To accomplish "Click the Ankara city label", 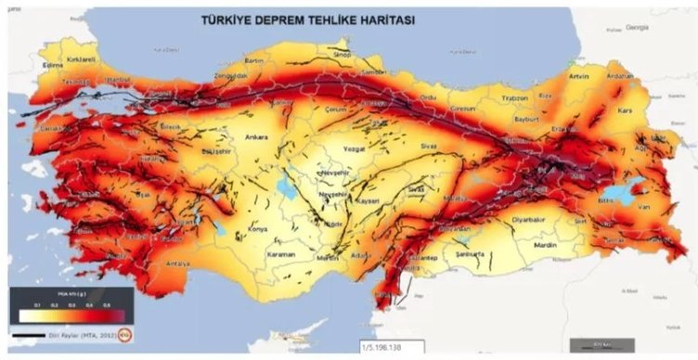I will [255, 138].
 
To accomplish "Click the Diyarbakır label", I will [521, 221].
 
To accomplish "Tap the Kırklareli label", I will [83, 58].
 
